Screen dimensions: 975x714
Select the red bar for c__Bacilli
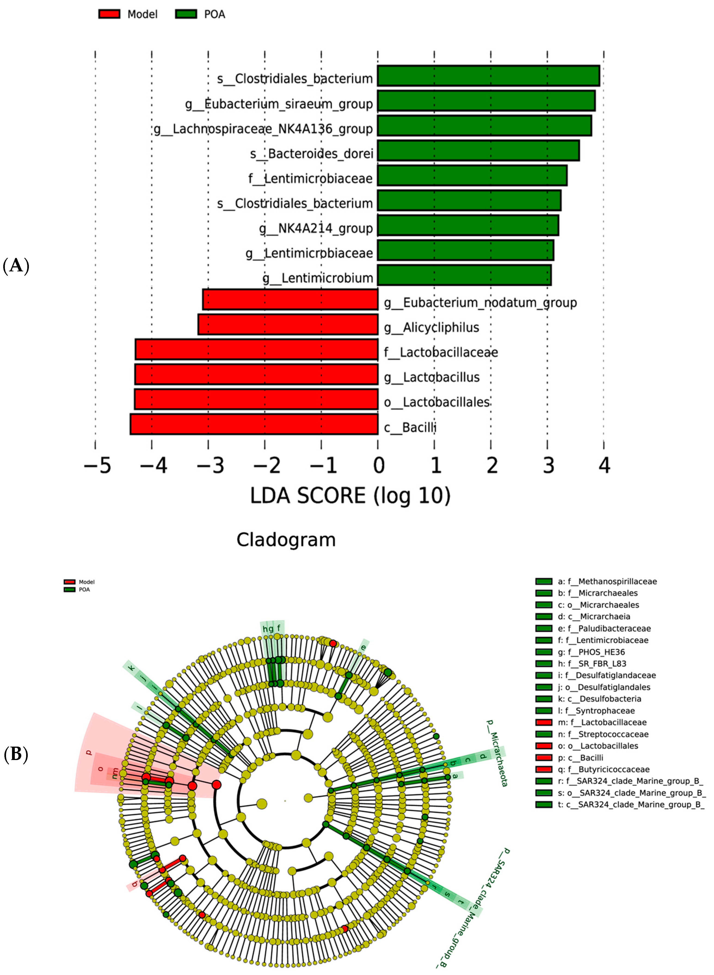click(254, 424)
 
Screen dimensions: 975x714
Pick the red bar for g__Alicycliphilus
click(288, 325)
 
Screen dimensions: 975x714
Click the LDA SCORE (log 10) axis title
click(350, 496)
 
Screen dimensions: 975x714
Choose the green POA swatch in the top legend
click(186, 14)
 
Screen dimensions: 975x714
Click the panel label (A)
click(16, 265)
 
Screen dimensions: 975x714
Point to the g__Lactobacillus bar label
click(432, 377)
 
